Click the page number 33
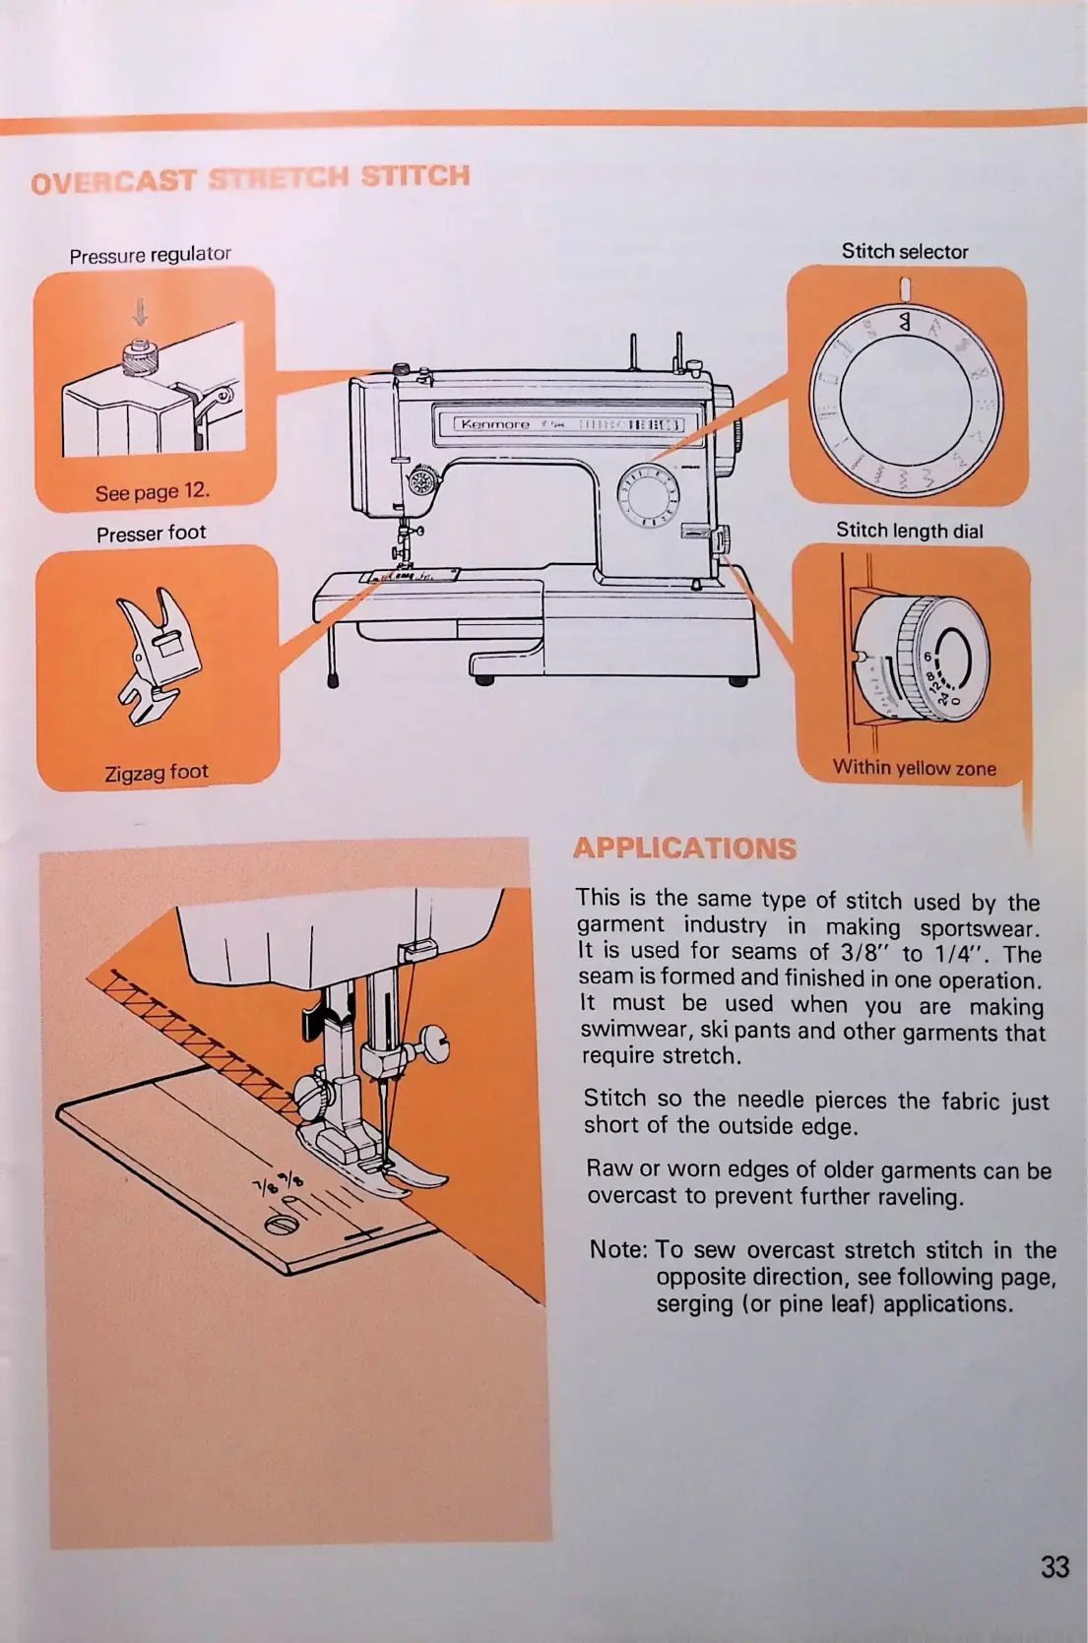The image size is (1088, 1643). (x=1054, y=1566)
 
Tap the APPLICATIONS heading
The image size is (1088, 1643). (x=684, y=848)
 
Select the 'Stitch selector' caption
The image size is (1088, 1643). (x=904, y=252)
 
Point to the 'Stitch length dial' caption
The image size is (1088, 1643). (x=909, y=531)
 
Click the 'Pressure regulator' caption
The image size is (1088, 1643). (x=150, y=255)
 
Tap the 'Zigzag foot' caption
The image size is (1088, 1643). (x=157, y=773)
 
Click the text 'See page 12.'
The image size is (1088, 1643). (x=152, y=491)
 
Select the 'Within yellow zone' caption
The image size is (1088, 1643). (x=914, y=768)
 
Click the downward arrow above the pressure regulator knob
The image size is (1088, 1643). (x=140, y=312)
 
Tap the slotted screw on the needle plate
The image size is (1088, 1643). (x=281, y=1225)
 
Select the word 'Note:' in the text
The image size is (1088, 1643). (x=618, y=1249)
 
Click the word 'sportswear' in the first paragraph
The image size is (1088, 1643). (x=978, y=927)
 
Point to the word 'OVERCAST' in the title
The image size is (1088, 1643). (x=113, y=182)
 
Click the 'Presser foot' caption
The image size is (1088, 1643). (x=151, y=534)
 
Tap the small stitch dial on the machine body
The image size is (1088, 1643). (x=647, y=494)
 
